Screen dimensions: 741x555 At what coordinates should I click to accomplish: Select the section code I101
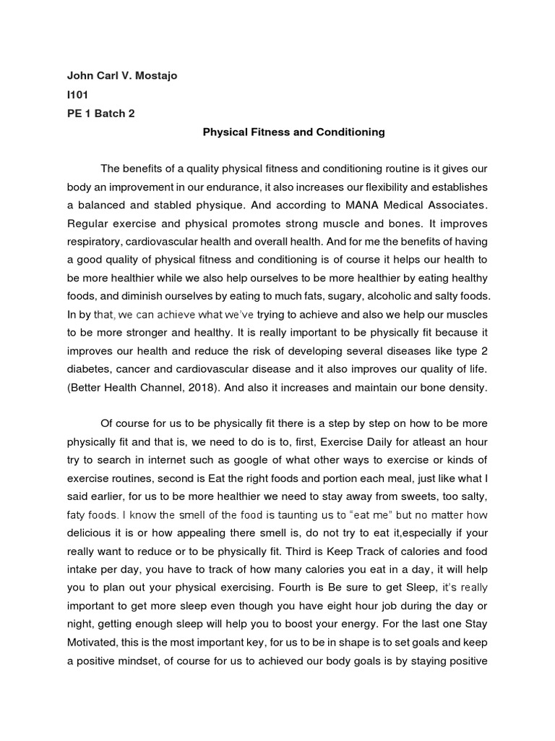77,95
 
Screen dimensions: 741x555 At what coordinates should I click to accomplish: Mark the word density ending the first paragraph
466,387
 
